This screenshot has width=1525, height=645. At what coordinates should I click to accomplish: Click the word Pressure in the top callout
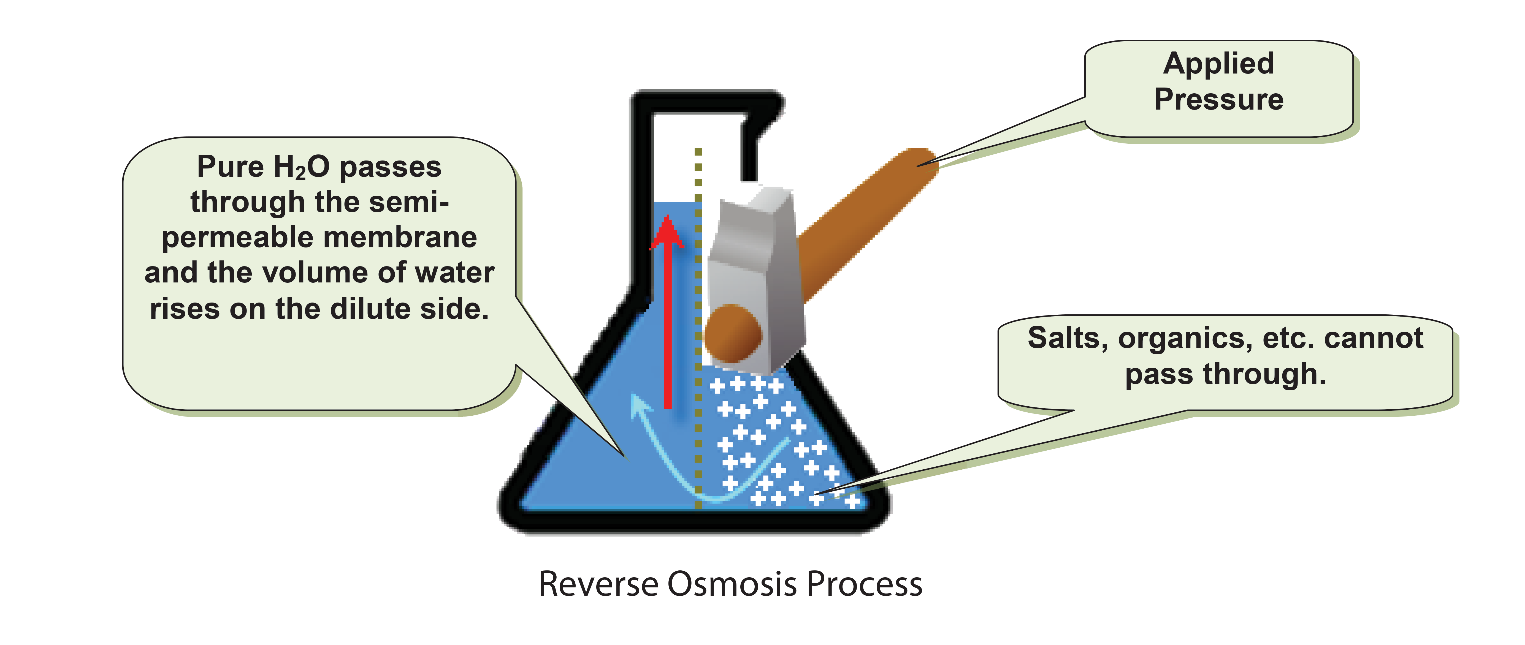click(1218, 99)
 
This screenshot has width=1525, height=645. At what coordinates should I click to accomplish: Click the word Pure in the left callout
click(230, 167)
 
